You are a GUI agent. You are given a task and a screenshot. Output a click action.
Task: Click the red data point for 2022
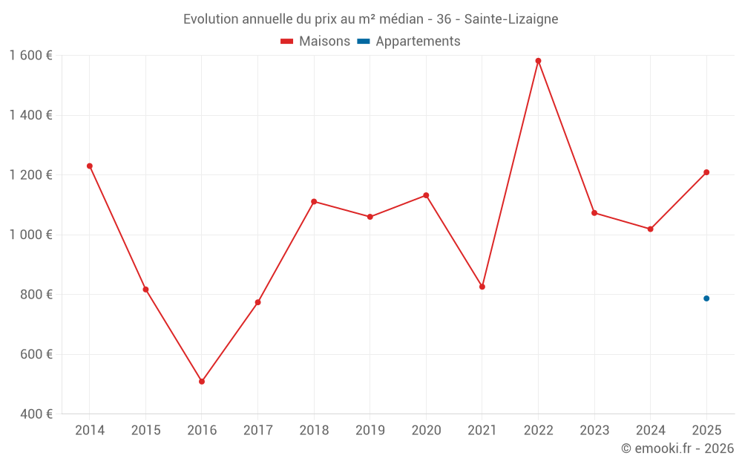click(538, 61)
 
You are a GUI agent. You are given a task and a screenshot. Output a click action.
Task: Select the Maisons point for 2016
click(202, 382)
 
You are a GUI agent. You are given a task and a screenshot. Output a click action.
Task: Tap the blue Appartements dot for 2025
click(706, 298)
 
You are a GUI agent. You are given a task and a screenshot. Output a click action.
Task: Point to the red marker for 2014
click(90, 166)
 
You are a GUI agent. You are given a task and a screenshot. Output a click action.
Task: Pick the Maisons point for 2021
click(482, 287)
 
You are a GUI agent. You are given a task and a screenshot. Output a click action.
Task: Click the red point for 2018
click(314, 202)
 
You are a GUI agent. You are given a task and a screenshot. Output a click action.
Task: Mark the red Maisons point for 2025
click(706, 172)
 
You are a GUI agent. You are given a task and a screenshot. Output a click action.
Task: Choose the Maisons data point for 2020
click(426, 195)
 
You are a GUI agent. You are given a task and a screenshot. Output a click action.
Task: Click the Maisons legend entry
click(315, 41)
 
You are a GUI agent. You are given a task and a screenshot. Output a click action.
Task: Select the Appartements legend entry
click(408, 41)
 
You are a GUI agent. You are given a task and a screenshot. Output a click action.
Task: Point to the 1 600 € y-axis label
click(30, 56)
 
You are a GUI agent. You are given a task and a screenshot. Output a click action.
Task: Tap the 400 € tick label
click(36, 414)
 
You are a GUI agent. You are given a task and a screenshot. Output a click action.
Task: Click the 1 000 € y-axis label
click(30, 235)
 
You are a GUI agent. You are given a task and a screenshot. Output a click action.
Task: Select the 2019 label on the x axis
click(370, 431)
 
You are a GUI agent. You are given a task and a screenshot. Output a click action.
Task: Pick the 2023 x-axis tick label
click(594, 431)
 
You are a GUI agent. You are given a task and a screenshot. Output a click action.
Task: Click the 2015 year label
click(145, 431)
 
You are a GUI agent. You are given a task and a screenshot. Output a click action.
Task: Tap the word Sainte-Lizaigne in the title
click(511, 19)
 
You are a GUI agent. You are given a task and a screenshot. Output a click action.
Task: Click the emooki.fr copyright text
click(677, 448)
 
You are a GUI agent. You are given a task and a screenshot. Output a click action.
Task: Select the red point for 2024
click(650, 229)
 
